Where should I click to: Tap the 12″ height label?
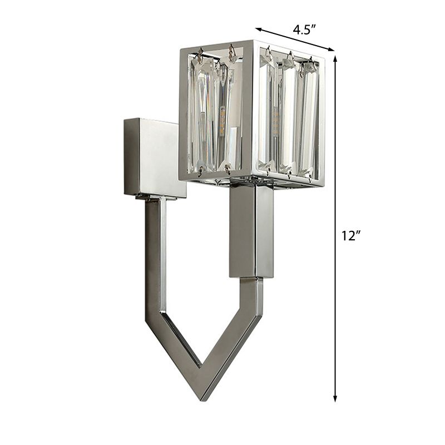352,236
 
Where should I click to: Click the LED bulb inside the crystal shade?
221,120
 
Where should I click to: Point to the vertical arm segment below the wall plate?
155,256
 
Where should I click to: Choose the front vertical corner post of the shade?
251,111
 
